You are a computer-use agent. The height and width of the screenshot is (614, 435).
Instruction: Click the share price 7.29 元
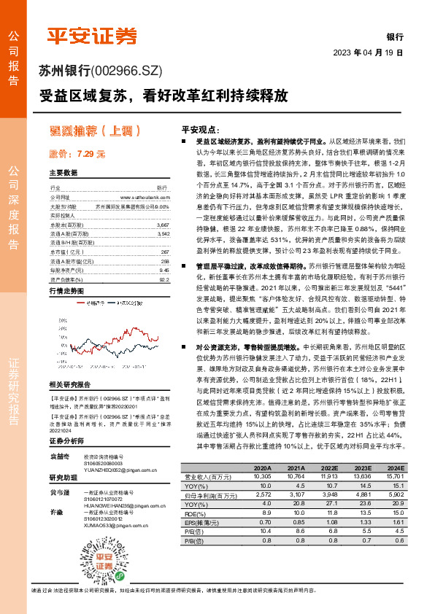[x=77, y=154]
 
